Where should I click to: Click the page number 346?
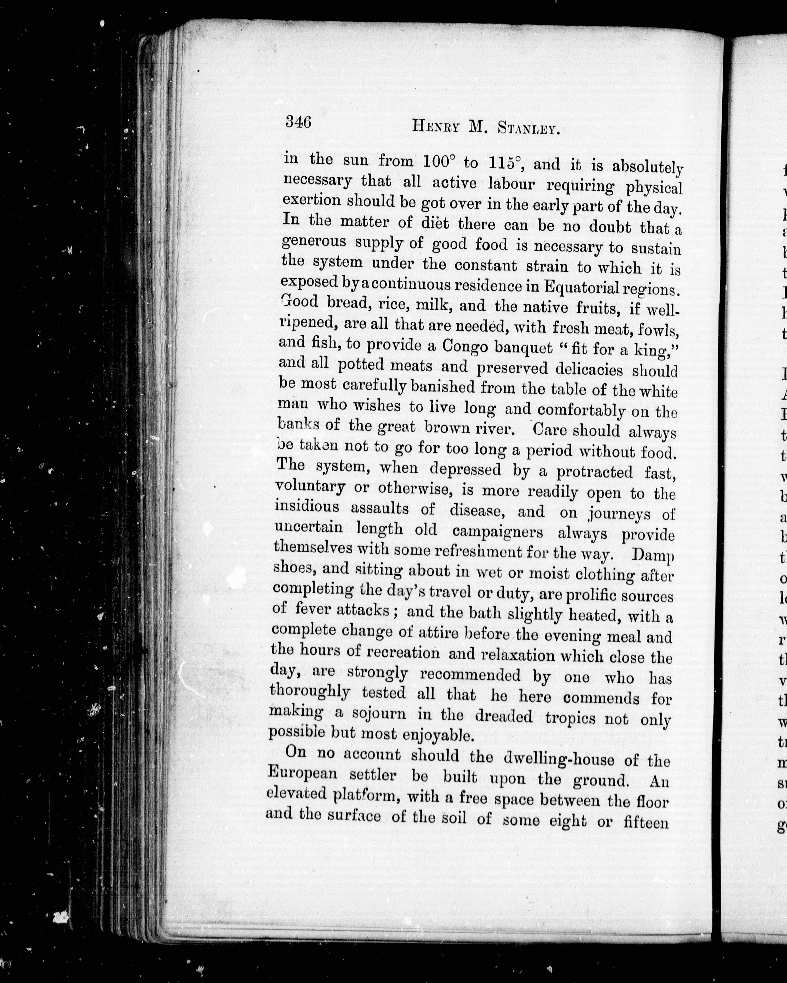(x=298, y=122)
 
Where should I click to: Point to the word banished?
(x=437, y=388)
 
